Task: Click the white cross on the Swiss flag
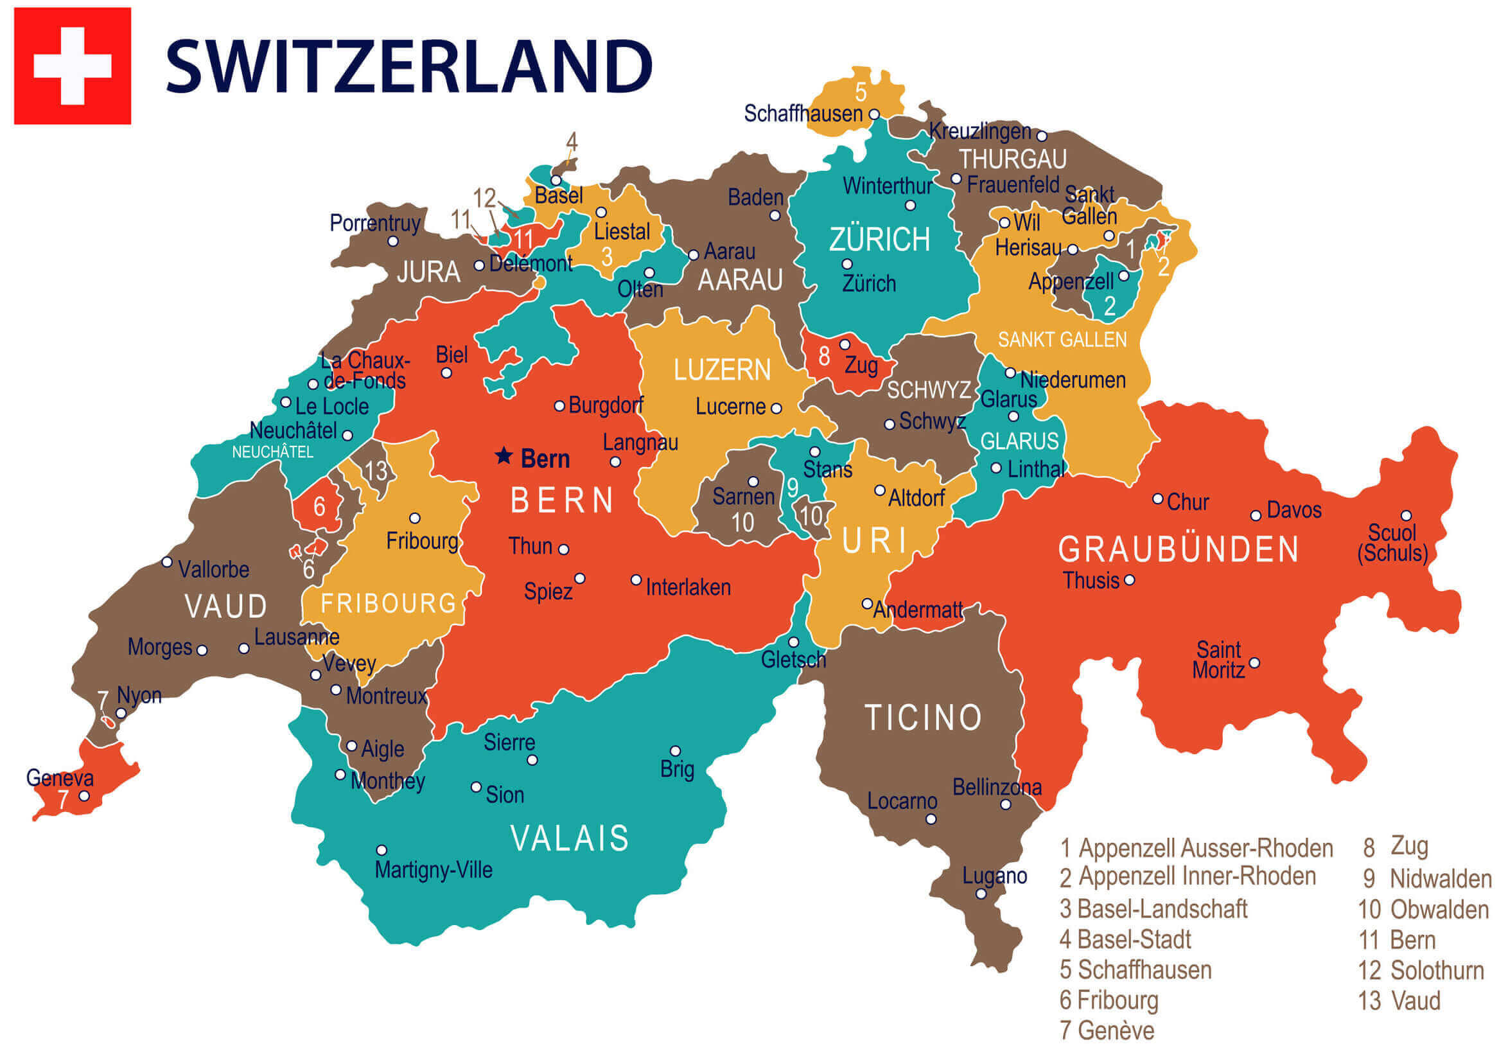[72, 66]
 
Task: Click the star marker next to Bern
[504, 456]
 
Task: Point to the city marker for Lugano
[981, 894]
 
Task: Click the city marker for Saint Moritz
[1254, 663]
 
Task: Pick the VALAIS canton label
[570, 838]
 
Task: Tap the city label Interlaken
[688, 587]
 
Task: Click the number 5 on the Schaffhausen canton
[861, 91]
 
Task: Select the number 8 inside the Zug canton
[823, 357]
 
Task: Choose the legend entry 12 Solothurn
[1421, 970]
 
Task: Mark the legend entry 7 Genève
[1107, 1030]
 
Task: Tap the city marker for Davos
[1255, 516]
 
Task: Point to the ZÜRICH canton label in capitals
[879, 239]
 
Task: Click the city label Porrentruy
[374, 223]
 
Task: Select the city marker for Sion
[476, 787]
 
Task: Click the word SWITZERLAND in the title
[408, 66]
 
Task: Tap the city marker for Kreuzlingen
[1041, 136]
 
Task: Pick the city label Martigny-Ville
[433, 870]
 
